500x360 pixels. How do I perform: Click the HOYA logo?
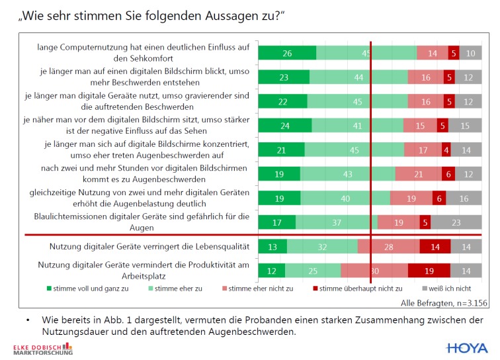tap(467, 347)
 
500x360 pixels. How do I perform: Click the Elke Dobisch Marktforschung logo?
tap(43, 349)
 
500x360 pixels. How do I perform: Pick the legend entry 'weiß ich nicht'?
tap(449, 289)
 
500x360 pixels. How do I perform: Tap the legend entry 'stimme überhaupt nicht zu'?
tap(357, 289)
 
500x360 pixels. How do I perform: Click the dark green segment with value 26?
tap(287, 54)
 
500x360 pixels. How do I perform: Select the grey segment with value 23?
tap(456, 223)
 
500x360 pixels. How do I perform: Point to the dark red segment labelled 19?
tap(429, 271)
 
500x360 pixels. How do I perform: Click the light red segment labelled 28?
tap(388, 247)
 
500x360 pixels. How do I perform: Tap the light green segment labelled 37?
tap(337, 223)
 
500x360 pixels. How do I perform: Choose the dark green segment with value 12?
tap(272, 271)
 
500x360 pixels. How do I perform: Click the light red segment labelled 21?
tap(418, 174)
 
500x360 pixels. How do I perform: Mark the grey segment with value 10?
tap(470, 54)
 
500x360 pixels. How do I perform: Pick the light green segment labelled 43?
tap(347, 174)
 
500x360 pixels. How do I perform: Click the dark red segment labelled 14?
tap(435, 247)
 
